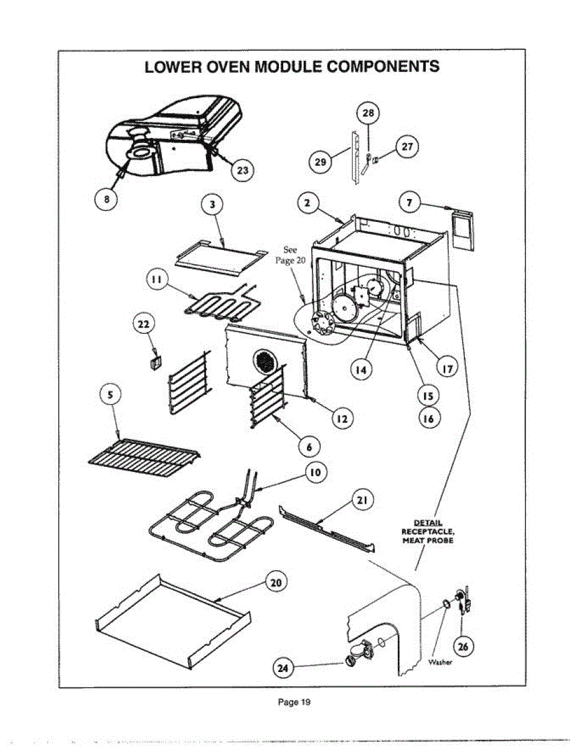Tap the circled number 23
[x=242, y=169]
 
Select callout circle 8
[x=106, y=200]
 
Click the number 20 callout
[x=276, y=583]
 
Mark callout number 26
[x=462, y=647]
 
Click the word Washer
[x=441, y=663]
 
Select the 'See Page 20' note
[x=290, y=255]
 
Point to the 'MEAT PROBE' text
[x=428, y=540]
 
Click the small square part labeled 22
[x=154, y=361]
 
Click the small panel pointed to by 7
[x=461, y=229]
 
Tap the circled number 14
[x=360, y=370]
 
